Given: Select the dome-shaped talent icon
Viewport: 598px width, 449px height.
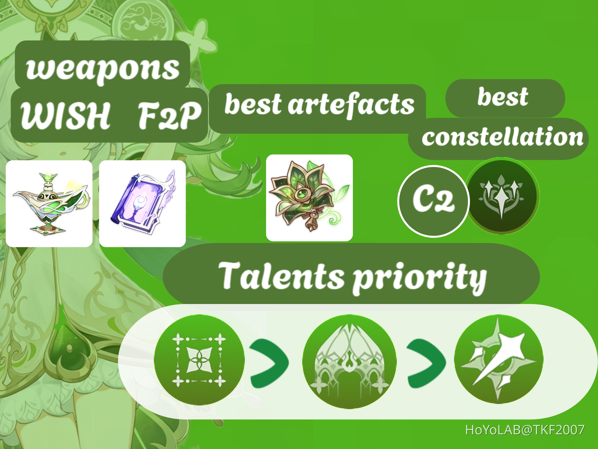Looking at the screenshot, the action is point(349,361).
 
